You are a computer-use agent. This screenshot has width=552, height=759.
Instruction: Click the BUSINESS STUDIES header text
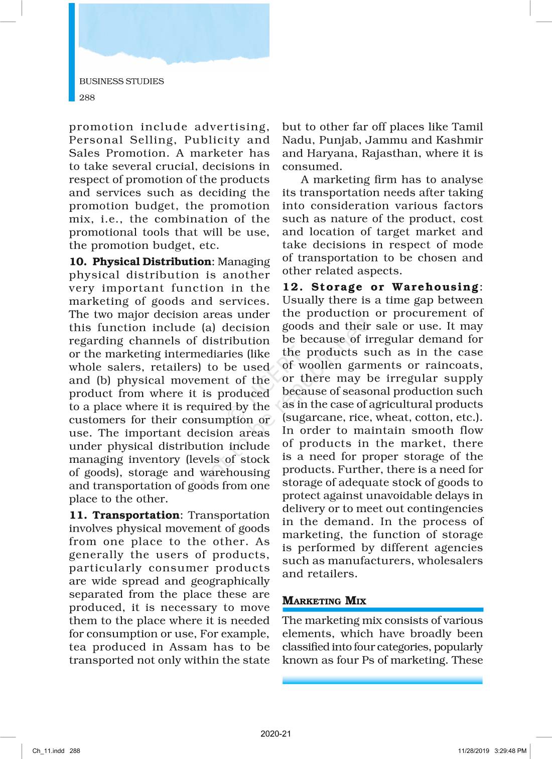(x=121, y=81)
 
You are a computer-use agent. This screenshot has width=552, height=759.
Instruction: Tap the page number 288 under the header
(x=87, y=97)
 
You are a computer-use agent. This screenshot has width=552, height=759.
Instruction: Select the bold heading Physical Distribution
(x=152, y=262)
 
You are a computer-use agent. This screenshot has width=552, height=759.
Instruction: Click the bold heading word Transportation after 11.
(x=135, y=516)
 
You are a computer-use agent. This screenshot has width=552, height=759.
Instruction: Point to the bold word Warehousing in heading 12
(x=435, y=287)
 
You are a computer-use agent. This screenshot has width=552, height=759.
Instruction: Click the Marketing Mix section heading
(x=324, y=601)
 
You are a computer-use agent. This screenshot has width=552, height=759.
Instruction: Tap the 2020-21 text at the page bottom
(x=275, y=733)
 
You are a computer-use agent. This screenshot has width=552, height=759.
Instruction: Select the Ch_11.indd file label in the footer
(x=49, y=751)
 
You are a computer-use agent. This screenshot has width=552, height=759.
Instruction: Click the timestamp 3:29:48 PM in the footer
(x=510, y=751)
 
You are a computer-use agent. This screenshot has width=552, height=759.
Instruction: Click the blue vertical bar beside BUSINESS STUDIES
(x=72, y=52)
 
